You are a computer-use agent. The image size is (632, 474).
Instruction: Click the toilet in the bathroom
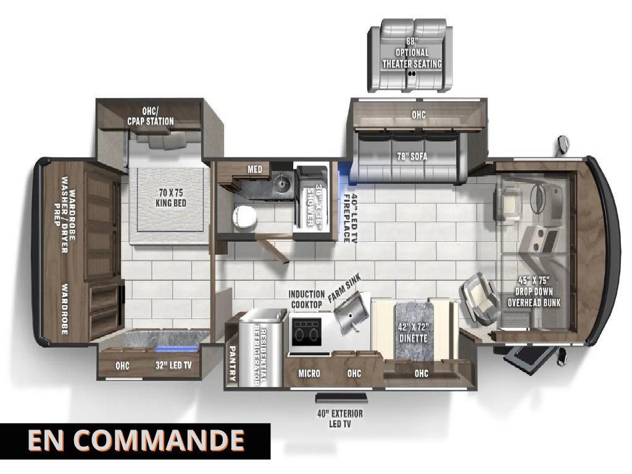(244, 218)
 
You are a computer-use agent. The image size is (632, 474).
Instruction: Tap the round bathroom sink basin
(280, 184)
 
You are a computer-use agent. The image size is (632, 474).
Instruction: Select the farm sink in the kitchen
(351, 312)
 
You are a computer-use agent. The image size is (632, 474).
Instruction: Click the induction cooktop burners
(306, 333)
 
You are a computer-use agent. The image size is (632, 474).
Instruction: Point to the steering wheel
(537, 198)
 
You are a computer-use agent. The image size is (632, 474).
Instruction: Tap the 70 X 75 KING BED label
(171, 197)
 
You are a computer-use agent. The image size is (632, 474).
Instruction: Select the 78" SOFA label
(412, 156)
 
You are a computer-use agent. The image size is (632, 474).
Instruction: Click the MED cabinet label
(255, 169)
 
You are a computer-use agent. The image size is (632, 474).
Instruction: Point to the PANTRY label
(232, 364)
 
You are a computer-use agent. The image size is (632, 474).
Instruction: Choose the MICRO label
(309, 373)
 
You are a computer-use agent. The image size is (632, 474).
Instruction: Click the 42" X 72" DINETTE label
(413, 333)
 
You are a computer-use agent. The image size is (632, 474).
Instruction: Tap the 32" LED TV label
(173, 365)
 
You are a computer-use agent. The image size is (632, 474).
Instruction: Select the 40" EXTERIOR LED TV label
(340, 418)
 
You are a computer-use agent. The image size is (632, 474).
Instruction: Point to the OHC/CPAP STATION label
(151, 116)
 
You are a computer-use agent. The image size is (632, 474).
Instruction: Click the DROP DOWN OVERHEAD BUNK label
(534, 291)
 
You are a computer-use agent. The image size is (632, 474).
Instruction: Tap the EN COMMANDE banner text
(136, 440)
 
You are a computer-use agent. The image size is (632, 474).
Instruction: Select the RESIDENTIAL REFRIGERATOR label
(260, 354)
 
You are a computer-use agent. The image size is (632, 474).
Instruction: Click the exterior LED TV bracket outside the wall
(341, 397)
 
